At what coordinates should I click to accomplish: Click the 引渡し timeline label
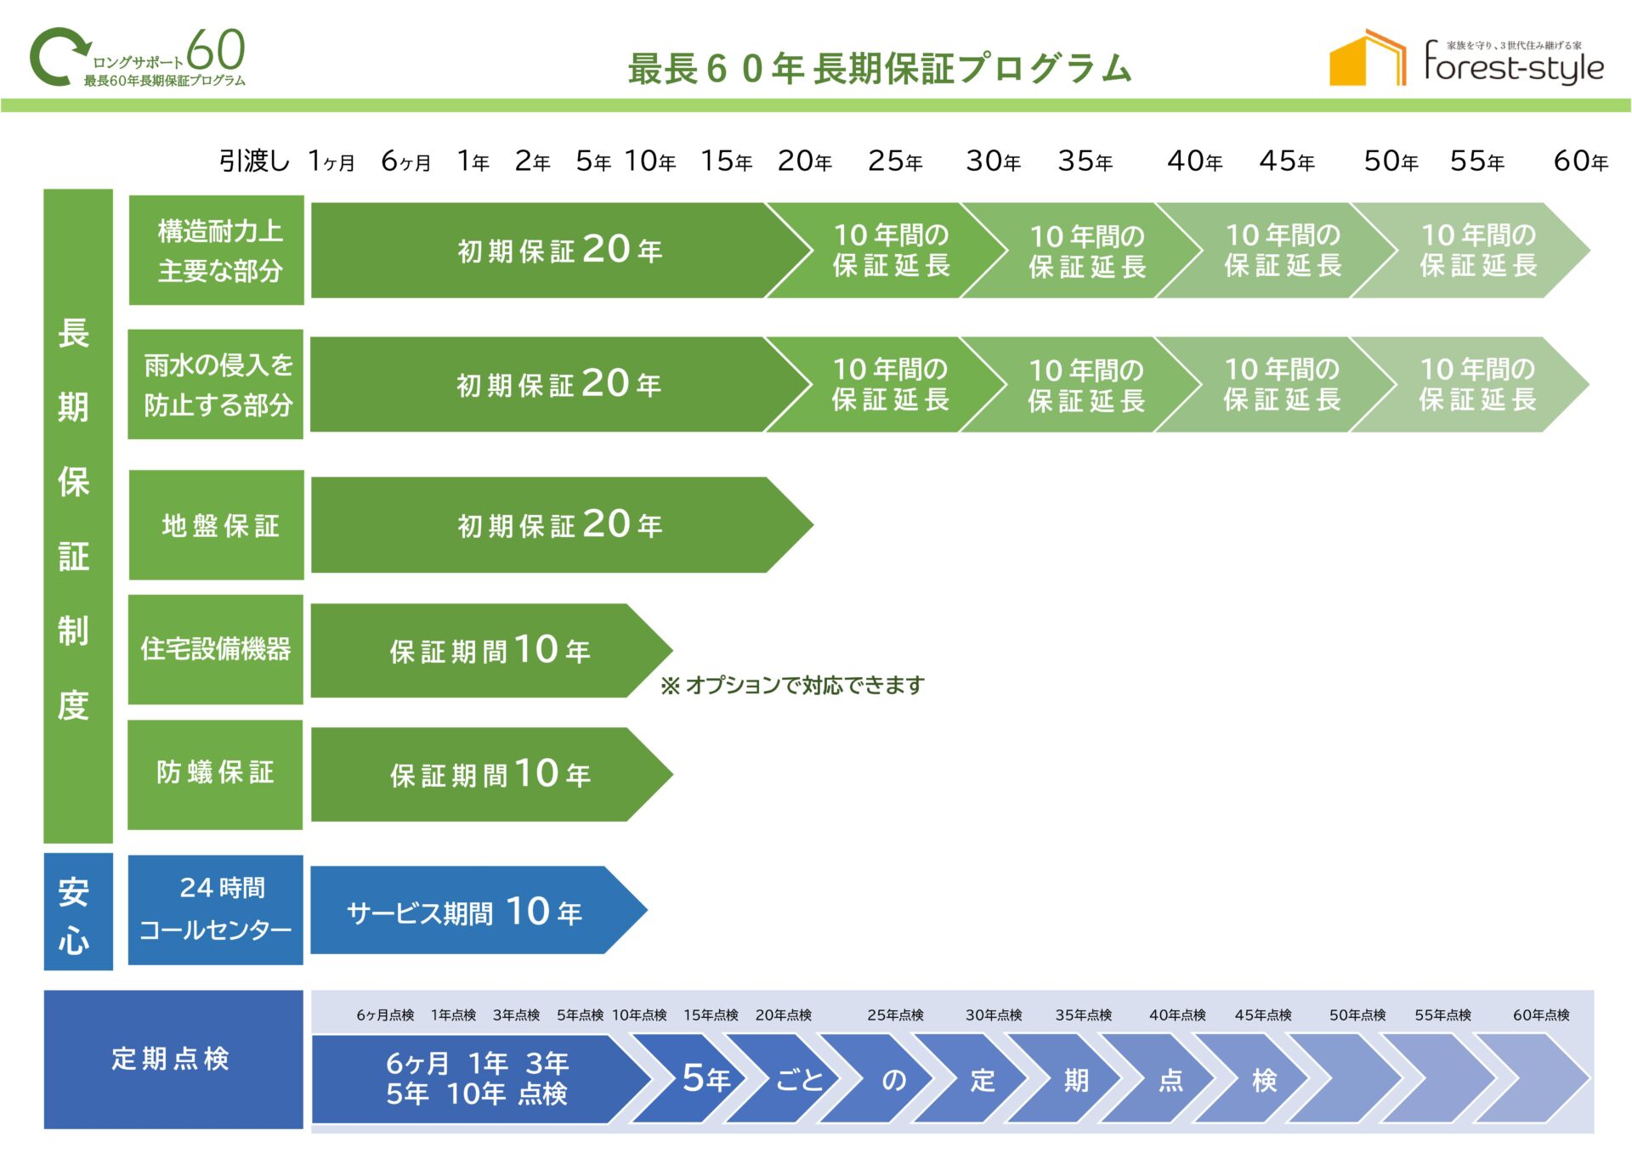[254, 161]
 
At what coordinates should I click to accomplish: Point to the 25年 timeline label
[895, 161]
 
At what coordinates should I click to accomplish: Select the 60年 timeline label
[1580, 161]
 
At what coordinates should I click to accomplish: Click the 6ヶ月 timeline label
[405, 161]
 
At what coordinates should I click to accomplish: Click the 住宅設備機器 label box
[216, 649]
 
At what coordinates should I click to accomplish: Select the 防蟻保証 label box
[216, 773]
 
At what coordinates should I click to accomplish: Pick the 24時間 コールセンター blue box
[216, 909]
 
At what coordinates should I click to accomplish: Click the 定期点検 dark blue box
[173, 1059]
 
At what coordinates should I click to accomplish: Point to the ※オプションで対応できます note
[792, 685]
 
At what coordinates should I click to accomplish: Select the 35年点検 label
[1083, 1015]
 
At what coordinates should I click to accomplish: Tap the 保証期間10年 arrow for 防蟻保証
[489, 774]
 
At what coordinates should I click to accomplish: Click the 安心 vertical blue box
[77, 912]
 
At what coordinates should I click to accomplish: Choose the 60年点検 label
[1540, 1015]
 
